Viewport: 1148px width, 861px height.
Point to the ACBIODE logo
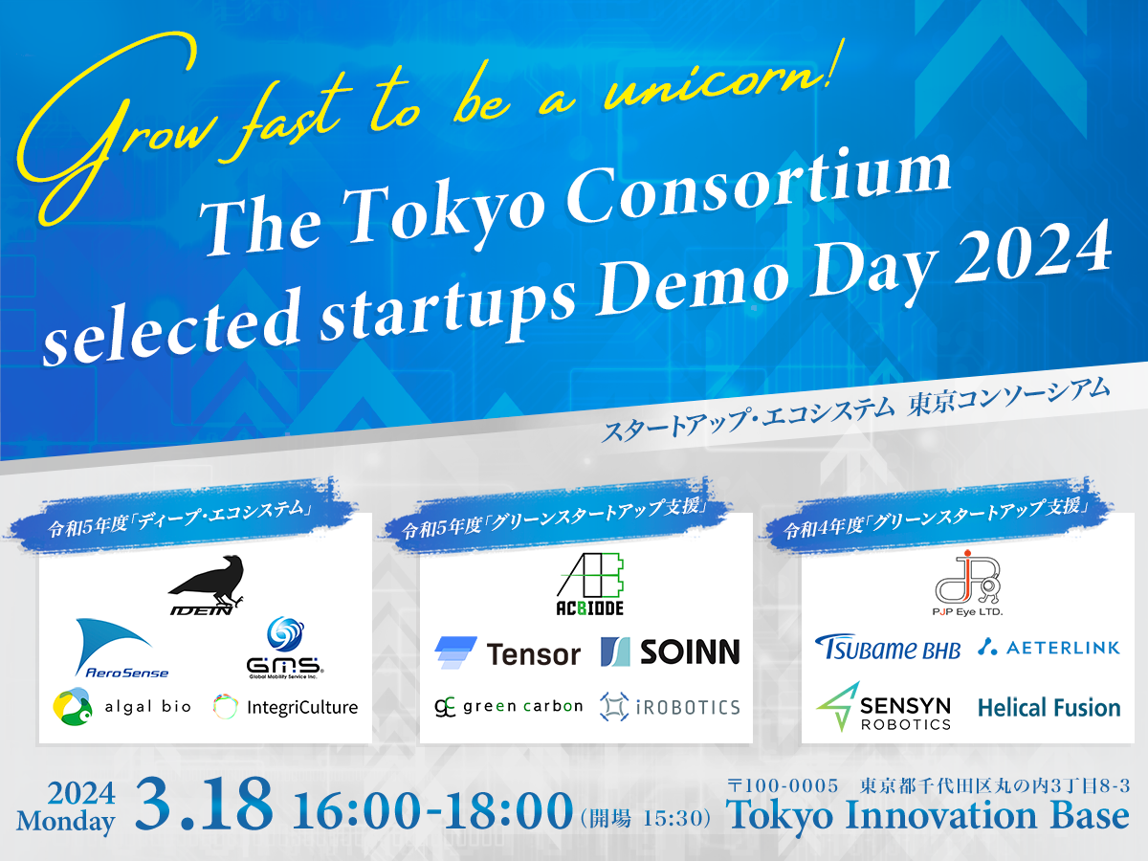click(591, 584)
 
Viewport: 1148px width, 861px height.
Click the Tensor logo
click(507, 652)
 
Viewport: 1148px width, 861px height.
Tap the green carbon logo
click(508, 706)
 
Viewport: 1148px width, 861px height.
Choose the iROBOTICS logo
click(670, 707)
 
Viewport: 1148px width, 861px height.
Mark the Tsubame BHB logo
click(887, 648)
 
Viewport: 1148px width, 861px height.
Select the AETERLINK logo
click(1049, 648)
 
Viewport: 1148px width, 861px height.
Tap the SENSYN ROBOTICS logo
click(884, 707)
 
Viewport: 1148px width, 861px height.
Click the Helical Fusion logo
click(1049, 708)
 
